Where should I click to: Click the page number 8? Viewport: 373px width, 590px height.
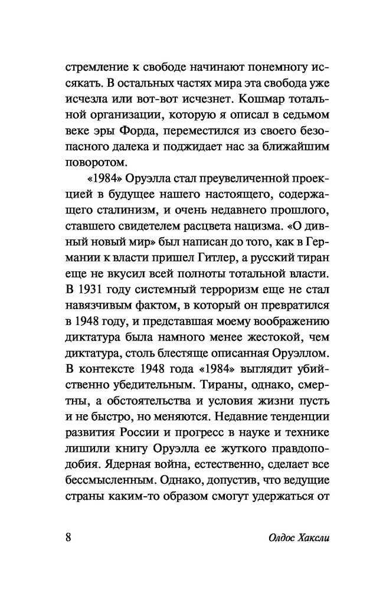(68, 538)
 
